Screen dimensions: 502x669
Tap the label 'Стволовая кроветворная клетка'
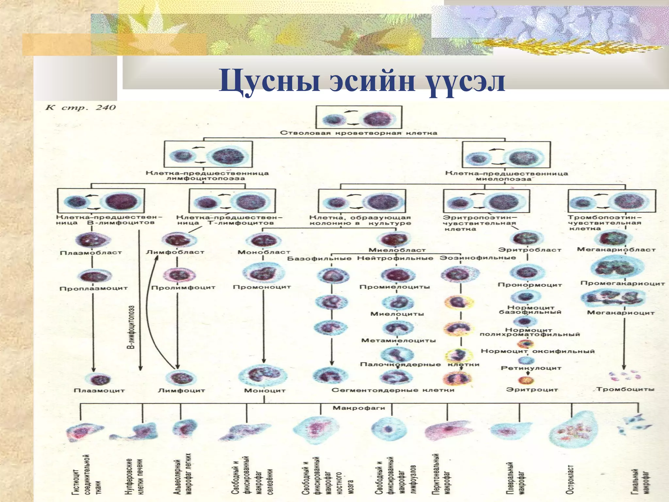point(358,133)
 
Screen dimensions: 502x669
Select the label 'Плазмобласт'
point(91,253)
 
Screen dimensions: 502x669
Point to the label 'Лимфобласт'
point(175,252)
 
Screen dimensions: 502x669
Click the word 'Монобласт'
point(264,252)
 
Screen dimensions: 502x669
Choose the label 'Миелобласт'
point(397,250)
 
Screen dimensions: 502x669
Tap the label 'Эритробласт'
point(530,250)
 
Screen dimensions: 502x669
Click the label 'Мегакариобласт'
point(616,250)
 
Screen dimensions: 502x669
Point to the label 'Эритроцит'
point(532,390)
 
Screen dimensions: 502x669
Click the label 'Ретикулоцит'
point(531,368)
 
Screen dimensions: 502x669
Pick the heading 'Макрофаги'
point(359,408)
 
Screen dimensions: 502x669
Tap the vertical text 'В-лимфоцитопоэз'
point(130,327)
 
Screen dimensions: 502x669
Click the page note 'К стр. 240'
point(80,108)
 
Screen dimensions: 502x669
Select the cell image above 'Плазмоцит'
point(97,379)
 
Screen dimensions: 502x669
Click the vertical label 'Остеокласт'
point(569,477)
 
